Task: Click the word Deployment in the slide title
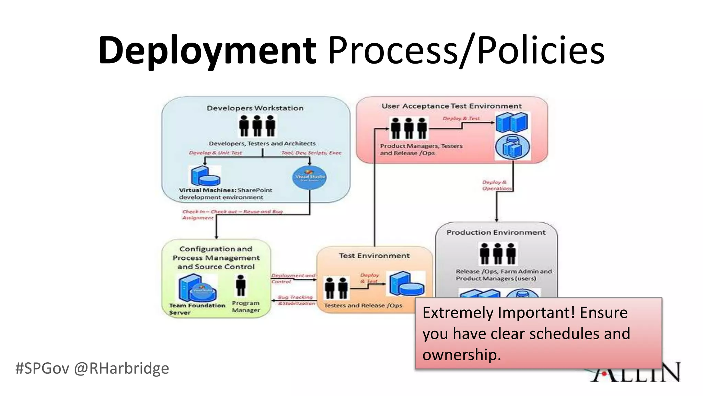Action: tap(207, 51)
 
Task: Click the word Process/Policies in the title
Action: tap(466, 51)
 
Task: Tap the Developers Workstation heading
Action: tap(255, 108)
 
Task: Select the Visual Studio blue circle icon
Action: tap(310, 177)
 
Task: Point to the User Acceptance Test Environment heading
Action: tap(451, 106)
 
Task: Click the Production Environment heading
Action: tap(496, 232)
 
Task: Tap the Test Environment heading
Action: tap(374, 256)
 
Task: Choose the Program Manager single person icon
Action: tap(241, 285)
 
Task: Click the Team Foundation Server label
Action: tap(197, 309)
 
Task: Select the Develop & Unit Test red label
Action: tap(215, 153)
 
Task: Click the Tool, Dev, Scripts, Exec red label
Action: tap(311, 153)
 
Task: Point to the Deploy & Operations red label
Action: tap(496, 185)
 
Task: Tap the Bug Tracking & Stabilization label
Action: tap(296, 300)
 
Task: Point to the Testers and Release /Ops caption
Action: tap(363, 305)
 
